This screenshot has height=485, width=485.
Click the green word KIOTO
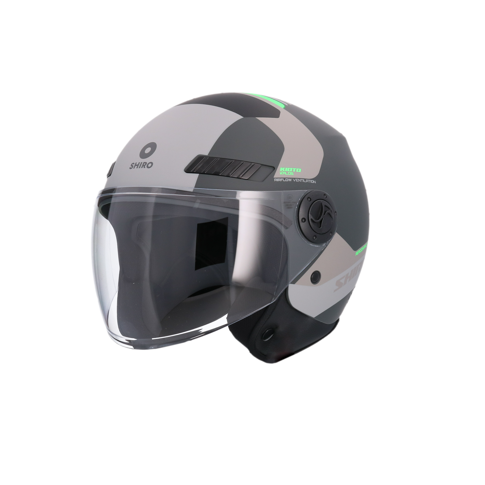pyautogui.click(x=291, y=170)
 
